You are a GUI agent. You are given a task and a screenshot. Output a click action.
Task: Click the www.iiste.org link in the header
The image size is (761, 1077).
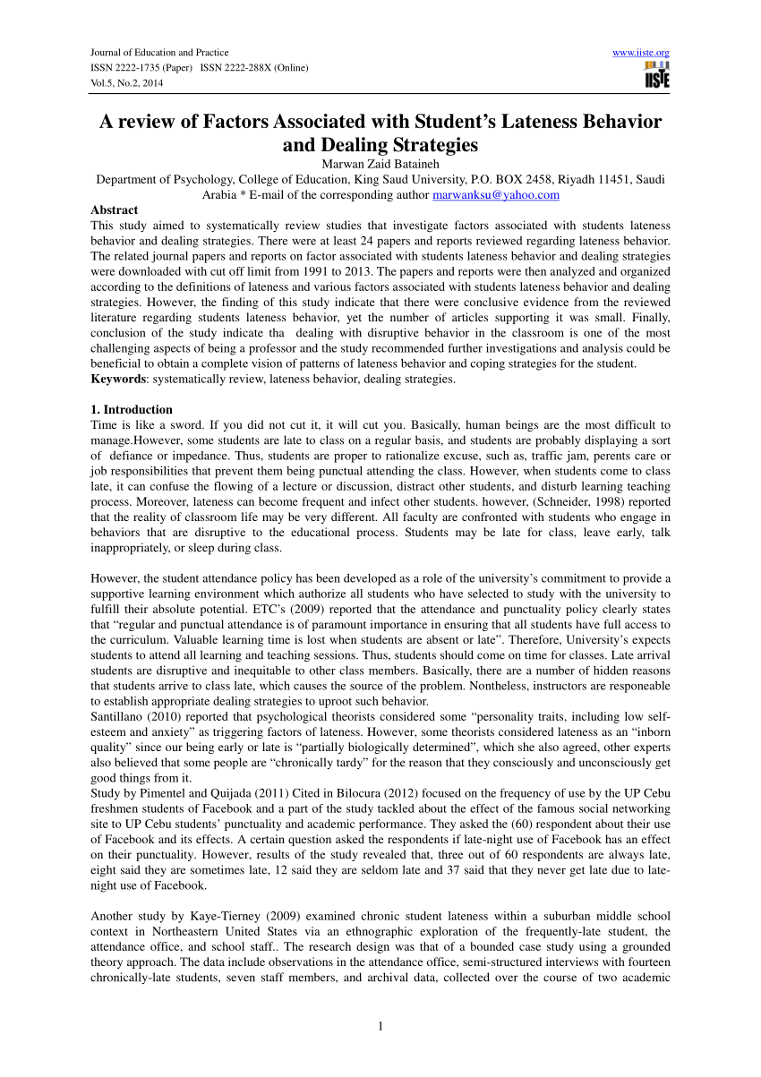coord(640,53)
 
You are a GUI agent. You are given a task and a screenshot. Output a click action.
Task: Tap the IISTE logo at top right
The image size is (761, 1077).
coord(656,76)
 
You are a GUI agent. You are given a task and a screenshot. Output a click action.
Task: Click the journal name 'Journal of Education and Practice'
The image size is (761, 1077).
coord(159,53)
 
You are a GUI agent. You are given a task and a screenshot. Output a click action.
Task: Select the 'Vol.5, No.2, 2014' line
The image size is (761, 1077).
coord(127,83)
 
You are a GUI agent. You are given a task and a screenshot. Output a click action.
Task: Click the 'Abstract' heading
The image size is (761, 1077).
coord(115,210)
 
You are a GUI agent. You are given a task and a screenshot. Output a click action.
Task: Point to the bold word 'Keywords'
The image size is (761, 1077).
coord(119,379)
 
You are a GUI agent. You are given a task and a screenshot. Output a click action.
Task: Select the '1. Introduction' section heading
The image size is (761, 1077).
coord(132,409)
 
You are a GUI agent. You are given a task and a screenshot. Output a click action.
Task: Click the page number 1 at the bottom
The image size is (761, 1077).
coord(380,1026)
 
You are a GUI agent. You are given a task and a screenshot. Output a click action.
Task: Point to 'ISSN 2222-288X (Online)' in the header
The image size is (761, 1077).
coord(255,68)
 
